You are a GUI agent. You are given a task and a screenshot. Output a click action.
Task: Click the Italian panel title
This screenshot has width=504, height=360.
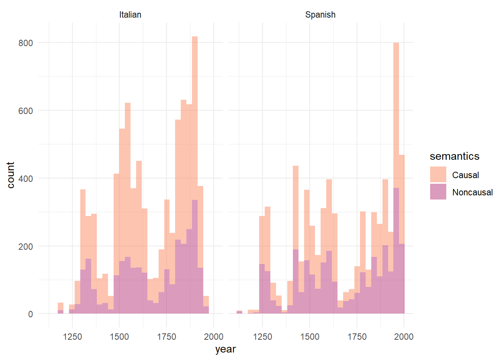point(130,15)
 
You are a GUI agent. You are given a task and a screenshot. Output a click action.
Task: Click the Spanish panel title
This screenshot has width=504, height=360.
point(320,15)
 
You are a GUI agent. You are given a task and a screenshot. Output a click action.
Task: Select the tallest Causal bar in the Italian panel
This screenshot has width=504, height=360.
point(195,112)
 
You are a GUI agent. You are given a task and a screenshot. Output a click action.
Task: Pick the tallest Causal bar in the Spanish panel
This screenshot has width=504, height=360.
point(396,112)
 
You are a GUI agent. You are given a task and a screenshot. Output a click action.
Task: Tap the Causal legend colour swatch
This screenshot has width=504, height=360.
point(438,175)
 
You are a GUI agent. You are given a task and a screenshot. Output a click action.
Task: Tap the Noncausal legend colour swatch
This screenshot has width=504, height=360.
point(438,192)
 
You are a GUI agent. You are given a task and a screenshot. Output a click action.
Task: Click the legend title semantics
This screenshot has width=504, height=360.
point(454,156)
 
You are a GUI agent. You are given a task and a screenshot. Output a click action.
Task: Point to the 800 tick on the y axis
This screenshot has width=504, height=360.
point(26,43)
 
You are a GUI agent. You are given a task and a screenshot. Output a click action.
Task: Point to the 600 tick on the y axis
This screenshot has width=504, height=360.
point(26,111)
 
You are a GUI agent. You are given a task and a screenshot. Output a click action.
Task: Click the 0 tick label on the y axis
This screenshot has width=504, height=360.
point(31,314)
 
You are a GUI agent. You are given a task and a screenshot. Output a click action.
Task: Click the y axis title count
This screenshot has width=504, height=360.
point(10,175)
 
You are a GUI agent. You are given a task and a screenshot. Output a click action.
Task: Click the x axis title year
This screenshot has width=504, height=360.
point(225,349)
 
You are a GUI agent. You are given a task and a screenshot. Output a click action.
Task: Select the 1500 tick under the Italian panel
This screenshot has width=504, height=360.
point(119,337)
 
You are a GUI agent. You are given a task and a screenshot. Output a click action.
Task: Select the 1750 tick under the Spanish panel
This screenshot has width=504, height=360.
point(357,337)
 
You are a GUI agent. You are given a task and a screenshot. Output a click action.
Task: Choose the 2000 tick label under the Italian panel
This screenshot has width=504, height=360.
point(214,337)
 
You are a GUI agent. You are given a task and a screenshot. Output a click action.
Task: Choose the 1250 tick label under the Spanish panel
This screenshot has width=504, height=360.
point(262,337)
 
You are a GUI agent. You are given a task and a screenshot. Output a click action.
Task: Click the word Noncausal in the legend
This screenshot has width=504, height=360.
point(472,192)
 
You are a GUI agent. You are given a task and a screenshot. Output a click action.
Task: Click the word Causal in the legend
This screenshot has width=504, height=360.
point(465,175)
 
